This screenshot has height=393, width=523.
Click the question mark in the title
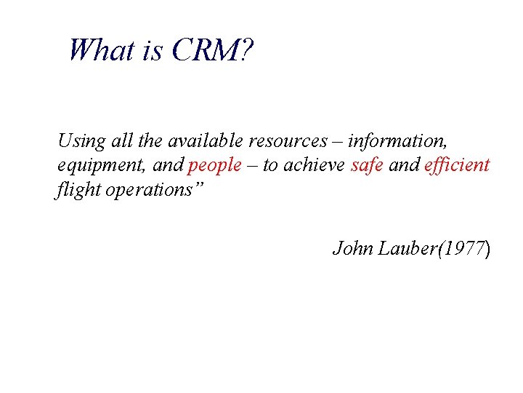246,50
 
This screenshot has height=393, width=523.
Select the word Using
81,140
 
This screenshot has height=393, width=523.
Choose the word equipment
102,166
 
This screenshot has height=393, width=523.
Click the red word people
215,166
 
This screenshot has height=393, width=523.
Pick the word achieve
314,165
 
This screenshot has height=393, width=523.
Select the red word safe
367,165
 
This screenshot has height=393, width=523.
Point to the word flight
73,191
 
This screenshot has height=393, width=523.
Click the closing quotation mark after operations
185,186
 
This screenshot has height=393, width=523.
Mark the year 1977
463,249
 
